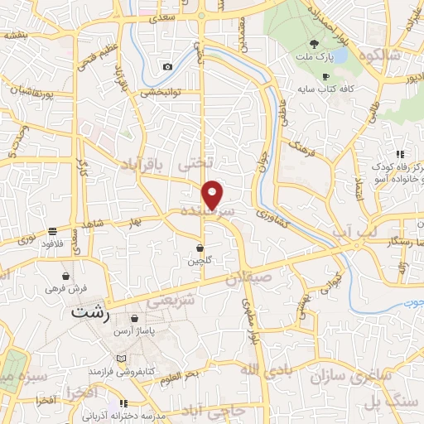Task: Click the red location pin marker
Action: (214, 195)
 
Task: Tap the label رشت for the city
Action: (90, 314)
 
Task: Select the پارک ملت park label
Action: (314, 58)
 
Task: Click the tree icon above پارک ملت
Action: (314, 44)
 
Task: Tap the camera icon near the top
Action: (168, 66)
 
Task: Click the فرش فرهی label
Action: (65, 290)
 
